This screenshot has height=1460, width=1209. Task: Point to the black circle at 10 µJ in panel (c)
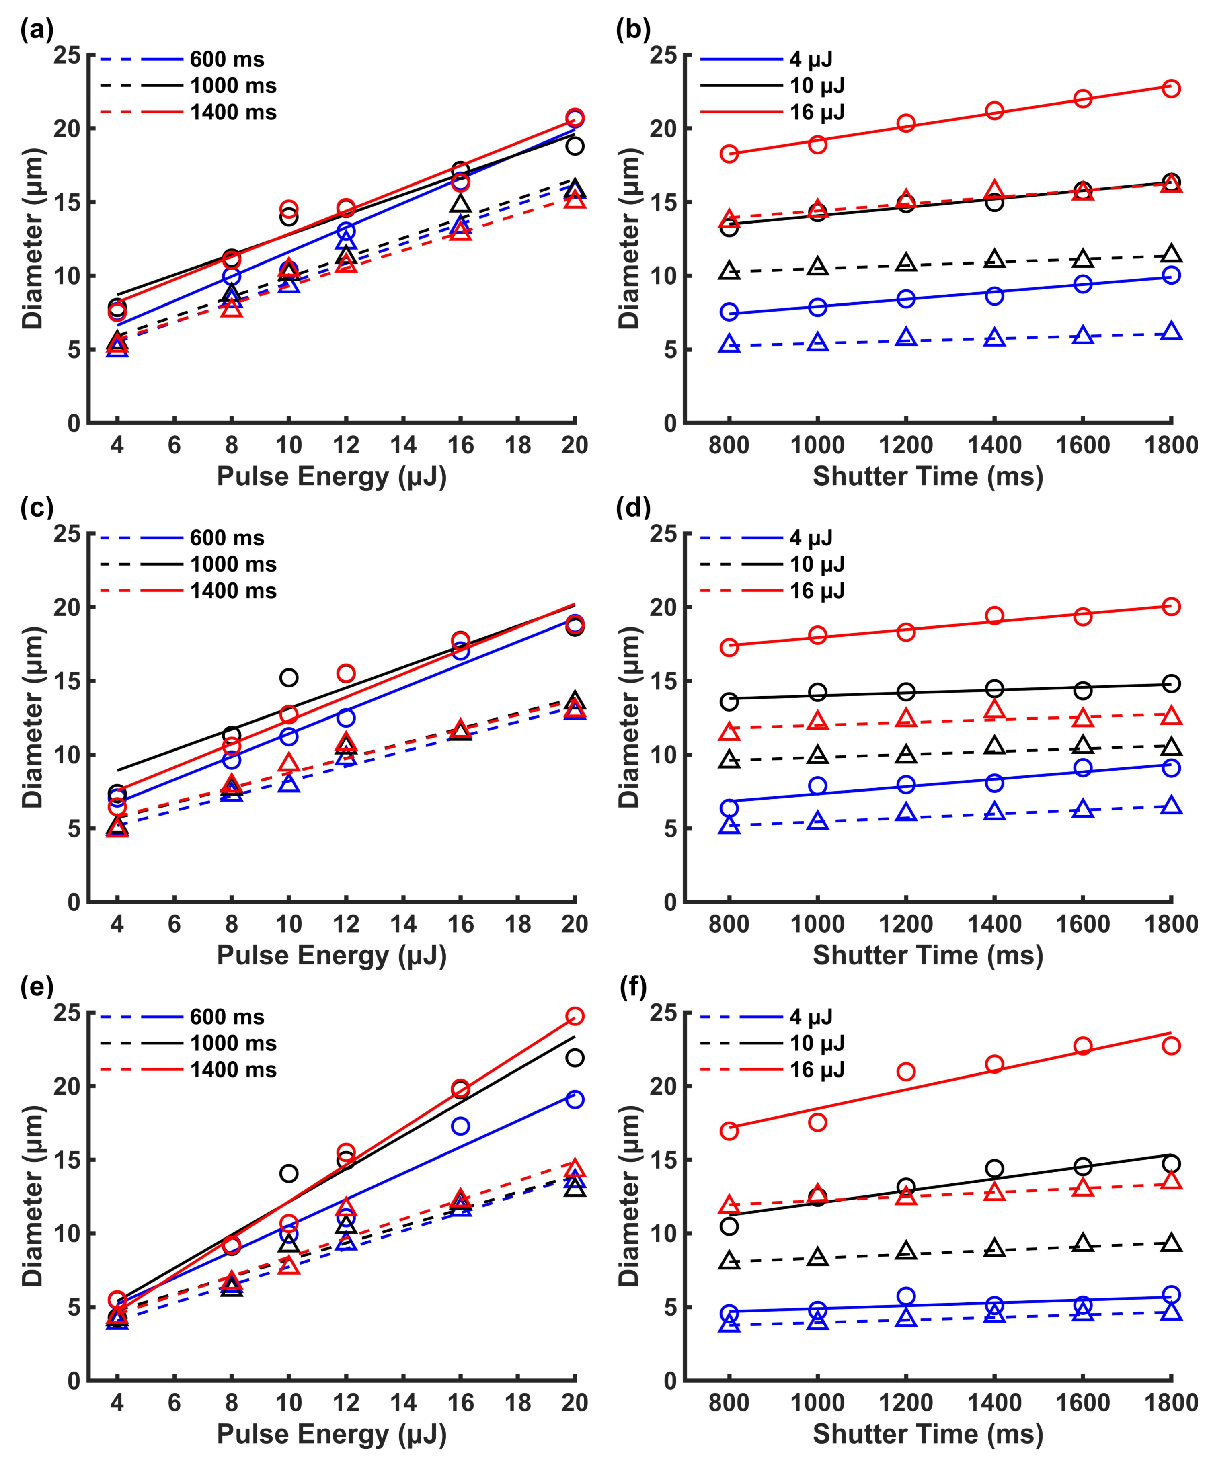289,677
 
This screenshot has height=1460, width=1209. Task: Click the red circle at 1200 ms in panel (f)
905,1071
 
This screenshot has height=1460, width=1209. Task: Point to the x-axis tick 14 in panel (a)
403,445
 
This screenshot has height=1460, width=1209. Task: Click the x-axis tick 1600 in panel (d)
1082,924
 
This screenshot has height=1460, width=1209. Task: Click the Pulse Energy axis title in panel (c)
332,955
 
